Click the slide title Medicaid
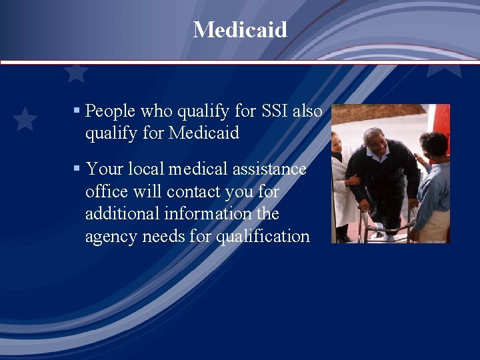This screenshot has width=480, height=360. click(240, 29)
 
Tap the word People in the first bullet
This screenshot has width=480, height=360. click(111, 111)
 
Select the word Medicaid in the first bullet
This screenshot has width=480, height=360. click(203, 133)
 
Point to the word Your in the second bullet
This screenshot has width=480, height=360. click(105, 169)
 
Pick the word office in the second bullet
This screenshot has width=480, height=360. click(106, 192)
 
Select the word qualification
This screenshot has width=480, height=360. click(263, 237)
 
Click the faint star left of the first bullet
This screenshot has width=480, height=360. click(25, 119)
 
